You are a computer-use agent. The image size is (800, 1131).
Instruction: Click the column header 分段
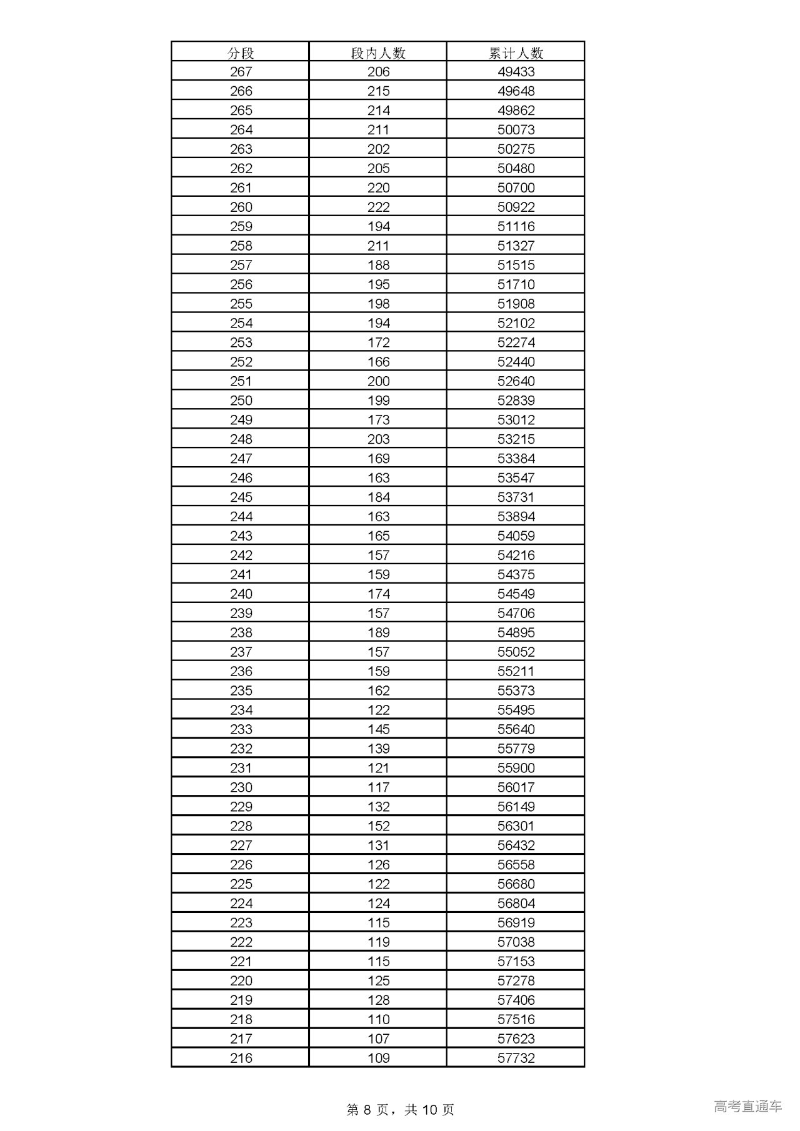[x=241, y=52]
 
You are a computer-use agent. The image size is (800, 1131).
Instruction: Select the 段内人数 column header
[x=378, y=52]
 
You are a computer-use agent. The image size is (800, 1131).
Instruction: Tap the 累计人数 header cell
[x=516, y=52]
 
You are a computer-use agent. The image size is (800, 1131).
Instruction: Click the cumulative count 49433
[x=516, y=72]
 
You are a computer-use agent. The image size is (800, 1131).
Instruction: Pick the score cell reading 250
[x=241, y=401]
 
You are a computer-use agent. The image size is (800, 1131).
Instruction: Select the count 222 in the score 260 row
[x=378, y=207]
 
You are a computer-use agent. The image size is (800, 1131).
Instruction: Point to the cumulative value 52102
[x=516, y=323]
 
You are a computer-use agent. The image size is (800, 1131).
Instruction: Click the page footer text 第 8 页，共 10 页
[x=400, y=1109]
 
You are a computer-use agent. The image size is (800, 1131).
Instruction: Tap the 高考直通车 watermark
[x=747, y=1107]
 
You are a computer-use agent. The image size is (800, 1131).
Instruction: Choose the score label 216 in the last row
[x=241, y=1058]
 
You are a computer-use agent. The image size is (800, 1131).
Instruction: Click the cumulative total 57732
[x=516, y=1058]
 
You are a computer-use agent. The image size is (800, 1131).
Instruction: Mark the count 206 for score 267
[x=378, y=72]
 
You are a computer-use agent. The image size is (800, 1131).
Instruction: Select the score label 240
[x=241, y=594]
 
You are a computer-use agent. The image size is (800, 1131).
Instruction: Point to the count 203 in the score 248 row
[x=378, y=439]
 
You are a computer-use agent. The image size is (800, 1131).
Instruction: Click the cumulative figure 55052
[x=516, y=652]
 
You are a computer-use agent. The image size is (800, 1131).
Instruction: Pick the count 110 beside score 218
[x=378, y=1019]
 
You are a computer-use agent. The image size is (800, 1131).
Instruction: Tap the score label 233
[x=241, y=729]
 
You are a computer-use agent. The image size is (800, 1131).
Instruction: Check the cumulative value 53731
[x=516, y=497]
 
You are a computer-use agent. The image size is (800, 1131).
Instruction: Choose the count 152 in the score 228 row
[x=378, y=826]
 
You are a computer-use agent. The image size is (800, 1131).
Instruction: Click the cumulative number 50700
[x=516, y=188]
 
